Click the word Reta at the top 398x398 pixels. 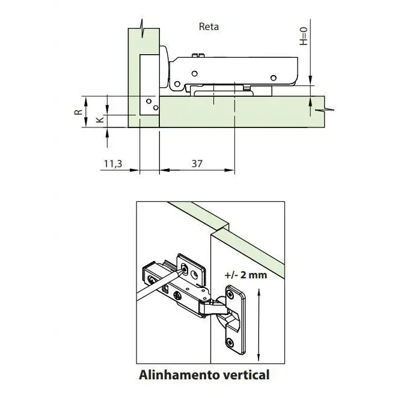pyautogui.click(x=209, y=26)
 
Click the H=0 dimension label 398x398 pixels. pyautogui.click(x=304, y=35)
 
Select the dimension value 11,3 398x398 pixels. pyautogui.click(x=113, y=163)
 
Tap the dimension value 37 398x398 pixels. pyautogui.click(x=197, y=163)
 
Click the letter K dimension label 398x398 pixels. pyautogui.click(x=100, y=120)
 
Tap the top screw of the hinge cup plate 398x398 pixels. pyautogui.click(x=231, y=295)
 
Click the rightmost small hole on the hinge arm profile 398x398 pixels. pyautogui.click(x=273, y=78)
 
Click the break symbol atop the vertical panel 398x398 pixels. pyautogui.click(x=142, y=27)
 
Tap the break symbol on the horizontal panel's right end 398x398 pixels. pyautogui.click(x=325, y=110)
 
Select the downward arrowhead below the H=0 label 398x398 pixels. pyautogui.click(x=311, y=80)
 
